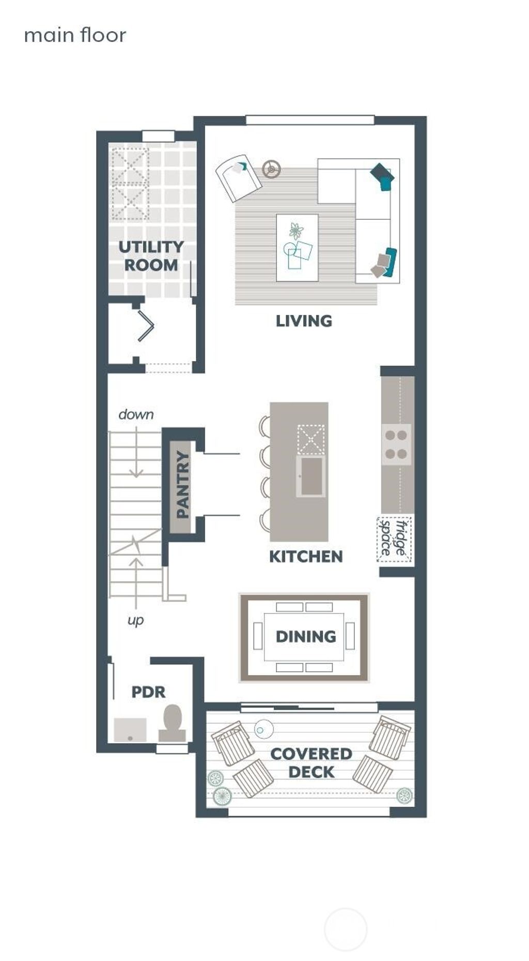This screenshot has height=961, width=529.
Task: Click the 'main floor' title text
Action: pos(75,35)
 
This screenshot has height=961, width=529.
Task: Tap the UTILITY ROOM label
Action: pos(151,256)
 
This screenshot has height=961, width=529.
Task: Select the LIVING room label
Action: pos(304,321)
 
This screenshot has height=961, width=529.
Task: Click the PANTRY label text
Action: pos(182,484)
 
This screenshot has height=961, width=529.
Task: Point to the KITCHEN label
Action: pos(306,557)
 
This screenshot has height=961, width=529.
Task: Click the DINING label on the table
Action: pos(306,636)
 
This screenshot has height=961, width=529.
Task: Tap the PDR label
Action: pos(148,692)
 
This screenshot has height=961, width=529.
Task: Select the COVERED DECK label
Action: pos(311,763)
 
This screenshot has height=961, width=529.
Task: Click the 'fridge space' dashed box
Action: pos(395,539)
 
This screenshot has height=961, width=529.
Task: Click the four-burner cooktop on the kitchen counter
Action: pos(396,444)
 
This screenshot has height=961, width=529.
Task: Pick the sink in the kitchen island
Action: pos(311,476)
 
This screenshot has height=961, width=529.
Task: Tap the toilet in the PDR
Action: pos(173,722)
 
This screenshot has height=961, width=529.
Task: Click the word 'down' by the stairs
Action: pos(136,414)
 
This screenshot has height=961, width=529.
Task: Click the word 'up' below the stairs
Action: pos(135,620)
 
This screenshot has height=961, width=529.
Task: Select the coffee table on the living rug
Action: pos(297,248)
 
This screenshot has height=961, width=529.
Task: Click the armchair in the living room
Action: pos(238,177)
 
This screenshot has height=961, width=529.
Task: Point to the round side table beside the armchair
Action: pos(271,168)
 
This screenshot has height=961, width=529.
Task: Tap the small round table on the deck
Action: pos(263,729)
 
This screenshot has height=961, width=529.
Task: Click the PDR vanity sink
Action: pos(130,729)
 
